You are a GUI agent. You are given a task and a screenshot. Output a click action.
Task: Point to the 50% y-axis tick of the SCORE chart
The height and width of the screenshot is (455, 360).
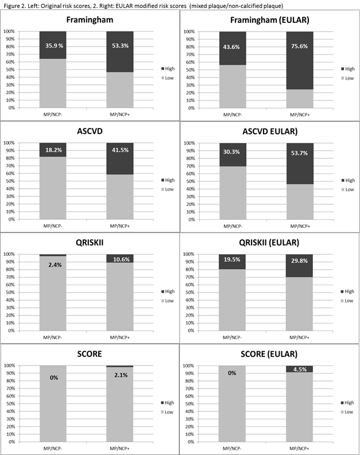click(x=9, y=403)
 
